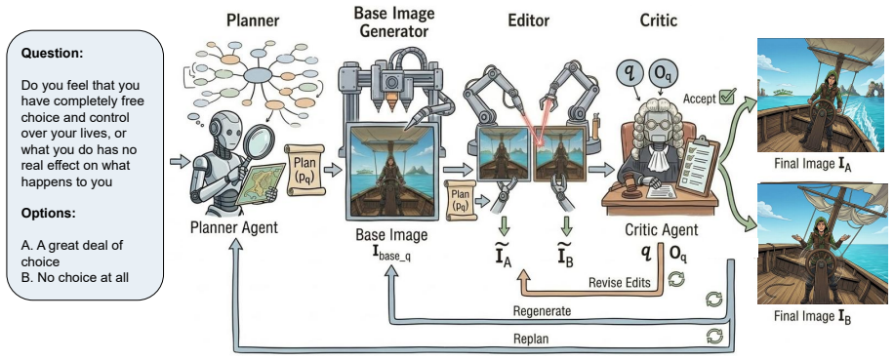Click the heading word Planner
[253, 21]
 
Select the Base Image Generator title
[394, 20]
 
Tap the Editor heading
[529, 21]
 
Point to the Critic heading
[658, 21]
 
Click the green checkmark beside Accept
[727, 97]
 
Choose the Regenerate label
[542, 311]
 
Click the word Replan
[530, 339]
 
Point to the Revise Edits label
[619, 283]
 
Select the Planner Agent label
[234, 228]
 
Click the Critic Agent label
[661, 229]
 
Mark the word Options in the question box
[49, 214]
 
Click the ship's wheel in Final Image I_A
[818, 113]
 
